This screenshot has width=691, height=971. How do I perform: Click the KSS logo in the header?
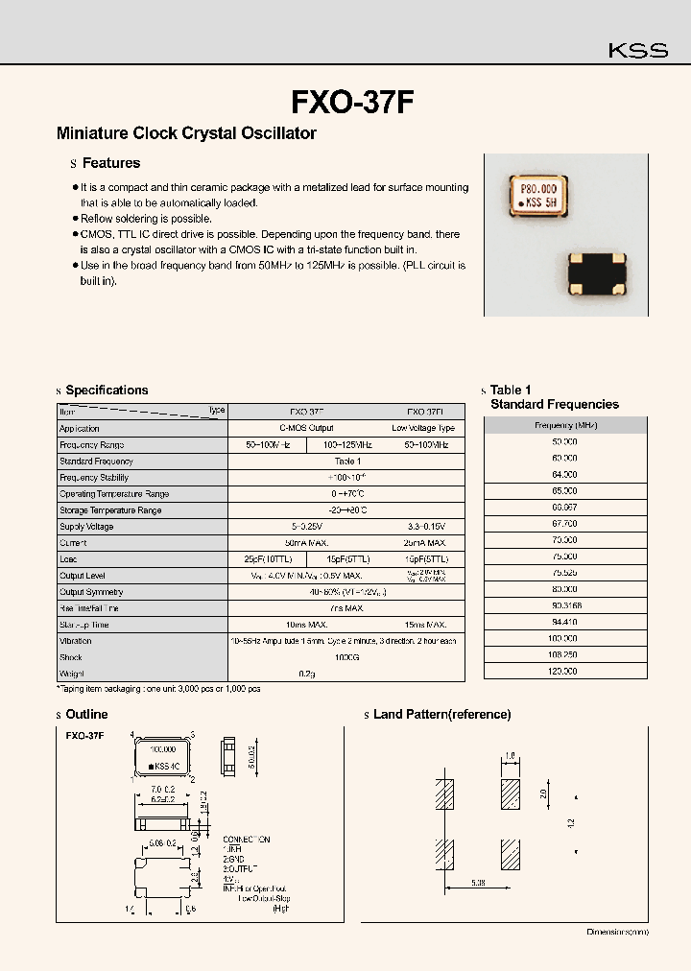tap(638, 51)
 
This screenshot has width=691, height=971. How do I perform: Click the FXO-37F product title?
tap(352, 102)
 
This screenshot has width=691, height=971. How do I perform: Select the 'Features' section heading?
tap(110, 163)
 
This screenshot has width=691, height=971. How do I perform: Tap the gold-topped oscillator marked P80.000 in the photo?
tap(536, 195)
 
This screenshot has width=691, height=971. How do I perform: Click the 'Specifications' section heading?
tap(107, 391)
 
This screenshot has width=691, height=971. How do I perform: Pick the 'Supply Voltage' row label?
tap(86, 527)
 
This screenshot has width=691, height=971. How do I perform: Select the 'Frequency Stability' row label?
tap(93, 478)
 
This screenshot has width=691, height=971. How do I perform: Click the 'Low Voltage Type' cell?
tap(423, 429)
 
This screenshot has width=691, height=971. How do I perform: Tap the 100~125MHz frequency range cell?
tap(345, 445)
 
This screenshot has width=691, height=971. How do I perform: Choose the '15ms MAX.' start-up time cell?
tap(423, 625)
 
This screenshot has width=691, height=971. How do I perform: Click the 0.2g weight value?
tap(345, 674)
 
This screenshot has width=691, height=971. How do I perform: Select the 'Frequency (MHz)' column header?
tap(565, 425)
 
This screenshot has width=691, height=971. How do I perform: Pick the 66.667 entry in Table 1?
tap(565, 507)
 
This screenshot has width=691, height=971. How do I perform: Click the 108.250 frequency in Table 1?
tap(565, 654)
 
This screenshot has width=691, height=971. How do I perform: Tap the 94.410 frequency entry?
tap(565, 622)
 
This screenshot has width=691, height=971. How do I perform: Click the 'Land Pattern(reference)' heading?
tap(441, 715)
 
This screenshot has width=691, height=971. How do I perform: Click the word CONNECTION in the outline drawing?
tap(246, 839)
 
